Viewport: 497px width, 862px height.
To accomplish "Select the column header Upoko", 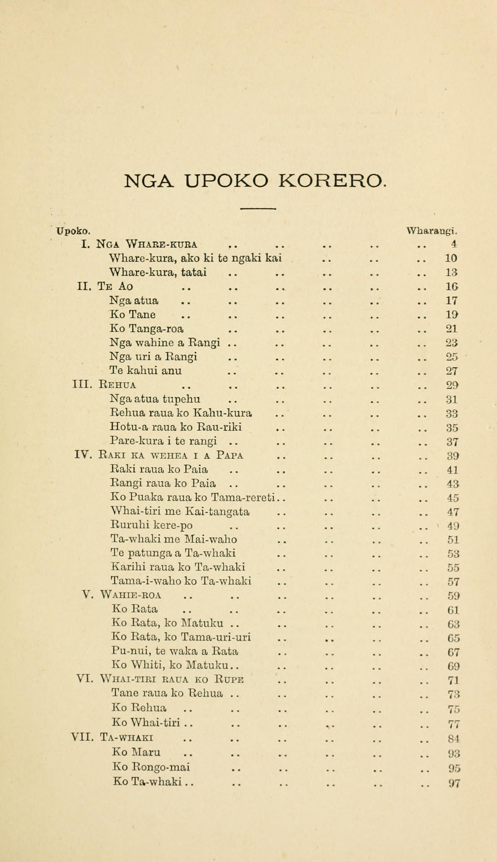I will pyautogui.click(x=74, y=231).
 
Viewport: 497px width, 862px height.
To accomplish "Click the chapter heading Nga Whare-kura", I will pyautogui.click(x=147, y=245).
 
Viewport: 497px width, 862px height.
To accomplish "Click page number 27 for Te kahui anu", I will pyautogui.click(x=452, y=371).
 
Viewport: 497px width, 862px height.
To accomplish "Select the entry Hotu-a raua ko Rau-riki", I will pyautogui.click(x=176, y=427).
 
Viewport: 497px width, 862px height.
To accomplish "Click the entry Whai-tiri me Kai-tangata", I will pyautogui.click(x=180, y=511).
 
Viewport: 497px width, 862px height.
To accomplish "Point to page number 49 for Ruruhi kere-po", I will pyautogui.click(x=453, y=526).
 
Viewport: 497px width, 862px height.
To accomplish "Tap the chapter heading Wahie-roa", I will pyautogui.click(x=131, y=596).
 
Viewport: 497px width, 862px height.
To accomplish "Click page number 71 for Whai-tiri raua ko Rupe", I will pyautogui.click(x=453, y=680).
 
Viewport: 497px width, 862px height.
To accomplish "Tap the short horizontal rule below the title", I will pyautogui.click(x=258, y=208).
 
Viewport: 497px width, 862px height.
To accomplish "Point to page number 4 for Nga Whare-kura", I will pyautogui.click(x=454, y=245).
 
